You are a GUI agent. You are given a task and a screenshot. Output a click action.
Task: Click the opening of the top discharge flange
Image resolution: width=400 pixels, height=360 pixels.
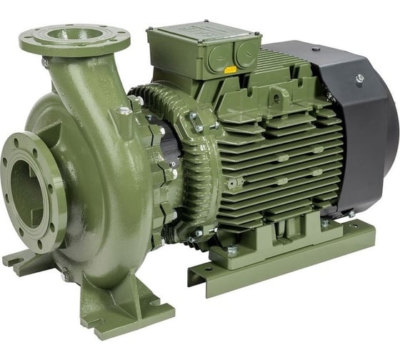[74, 34]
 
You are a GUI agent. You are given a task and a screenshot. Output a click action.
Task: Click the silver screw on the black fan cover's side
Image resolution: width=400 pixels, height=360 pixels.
[359, 79]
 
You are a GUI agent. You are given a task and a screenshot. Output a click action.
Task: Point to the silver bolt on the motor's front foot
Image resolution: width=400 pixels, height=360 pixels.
[231, 251]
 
